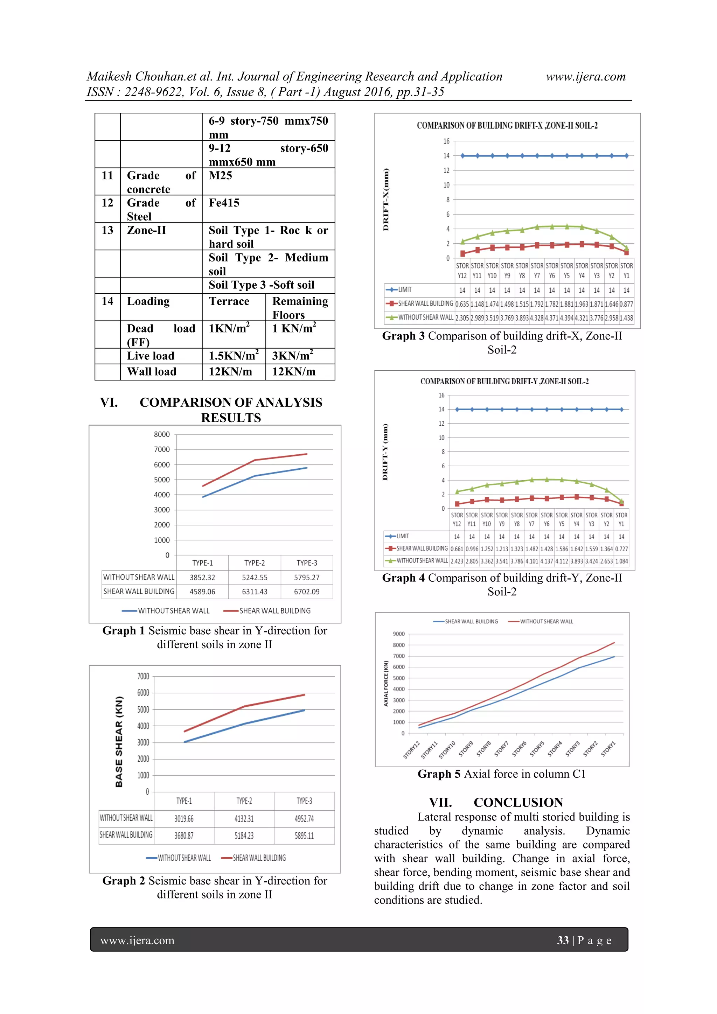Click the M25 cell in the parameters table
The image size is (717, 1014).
221,176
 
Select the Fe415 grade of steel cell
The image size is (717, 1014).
224,203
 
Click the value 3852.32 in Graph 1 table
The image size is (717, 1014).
202,578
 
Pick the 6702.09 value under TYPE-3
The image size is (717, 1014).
307,592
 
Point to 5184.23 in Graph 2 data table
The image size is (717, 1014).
244,835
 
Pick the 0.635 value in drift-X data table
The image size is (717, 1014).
462,304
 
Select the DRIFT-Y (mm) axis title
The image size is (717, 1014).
385,452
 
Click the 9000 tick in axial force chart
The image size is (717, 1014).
398,634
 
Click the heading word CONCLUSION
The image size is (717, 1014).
518,803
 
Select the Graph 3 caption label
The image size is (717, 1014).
403,336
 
